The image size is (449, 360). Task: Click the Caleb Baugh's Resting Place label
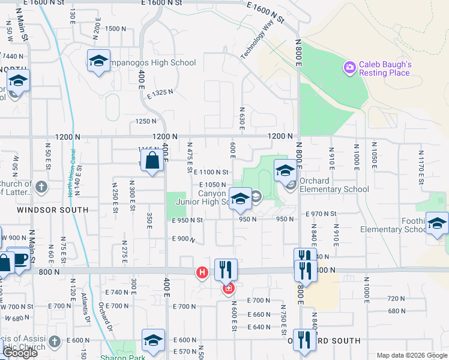pos(384,68)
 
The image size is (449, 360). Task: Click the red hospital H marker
pos(202,273)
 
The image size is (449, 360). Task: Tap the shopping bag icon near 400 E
pos(152,160)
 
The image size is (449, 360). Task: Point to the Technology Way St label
pos(262,41)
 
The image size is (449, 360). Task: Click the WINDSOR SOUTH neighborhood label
pos(52,210)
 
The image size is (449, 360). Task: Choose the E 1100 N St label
pos(211,172)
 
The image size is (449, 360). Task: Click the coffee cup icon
pos(20,259)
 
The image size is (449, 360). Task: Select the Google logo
pos(20,353)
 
